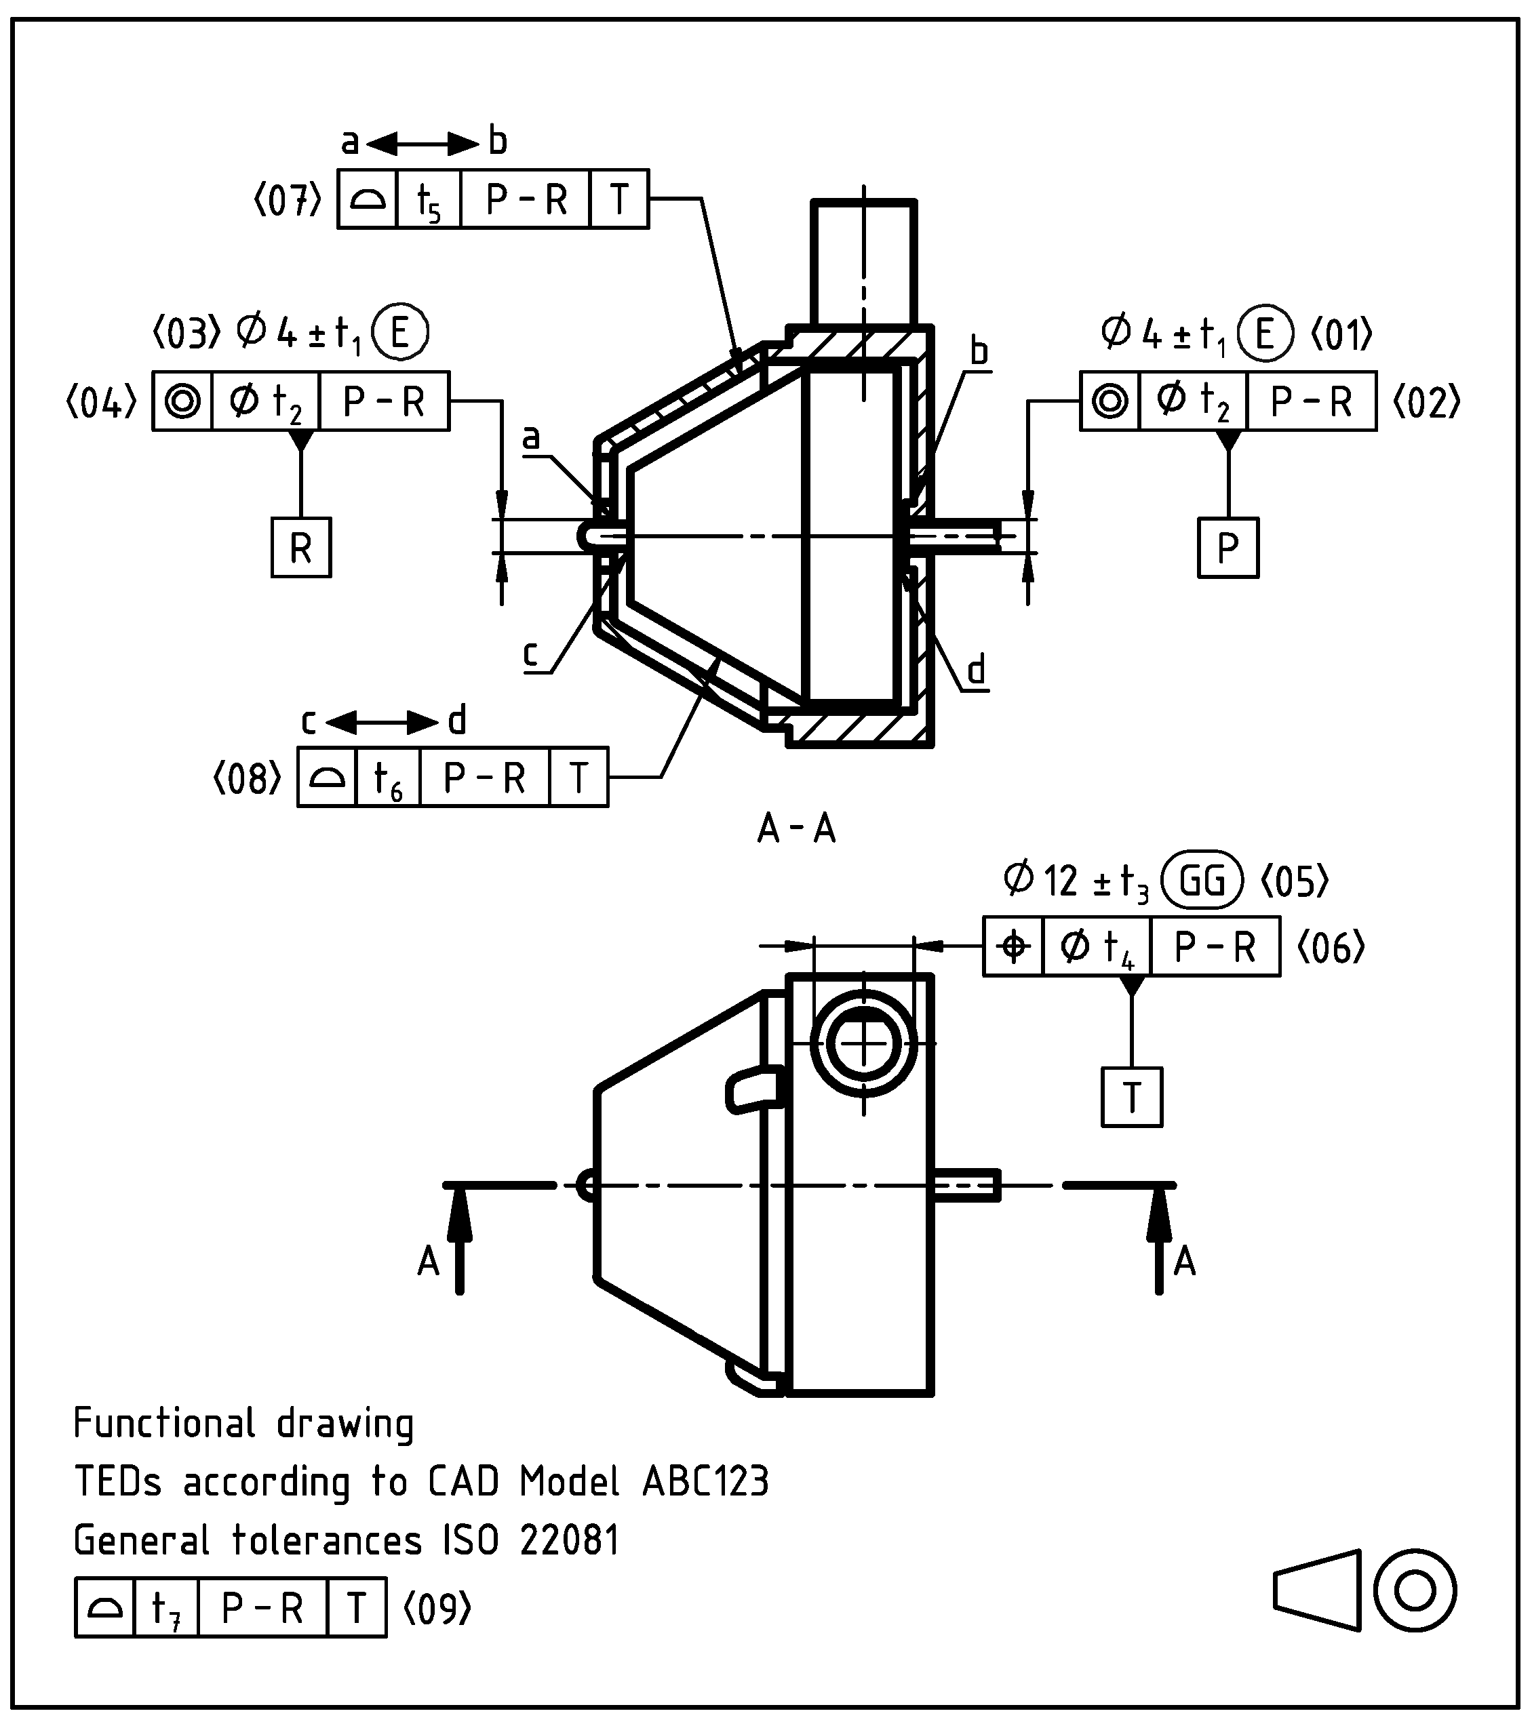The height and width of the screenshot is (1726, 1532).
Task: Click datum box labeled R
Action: tap(300, 548)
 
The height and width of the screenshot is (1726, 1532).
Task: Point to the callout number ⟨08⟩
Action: tap(247, 778)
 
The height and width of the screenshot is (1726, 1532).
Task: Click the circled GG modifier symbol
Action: tap(1202, 881)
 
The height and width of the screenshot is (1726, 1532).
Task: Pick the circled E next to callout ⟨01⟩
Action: tap(1264, 334)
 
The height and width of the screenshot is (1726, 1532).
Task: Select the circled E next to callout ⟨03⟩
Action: tap(399, 333)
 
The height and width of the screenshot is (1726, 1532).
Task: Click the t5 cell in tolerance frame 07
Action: tap(428, 200)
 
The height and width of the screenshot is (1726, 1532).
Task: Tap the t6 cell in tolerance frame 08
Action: tap(388, 778)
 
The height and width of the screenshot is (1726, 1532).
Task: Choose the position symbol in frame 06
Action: tap(1013, 946)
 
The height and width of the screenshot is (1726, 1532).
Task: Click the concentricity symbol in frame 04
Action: tap(182, 401)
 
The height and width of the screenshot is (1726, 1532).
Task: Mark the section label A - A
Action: tap(796, 829)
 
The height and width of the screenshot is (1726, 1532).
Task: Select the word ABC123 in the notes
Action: tap(705, 1481)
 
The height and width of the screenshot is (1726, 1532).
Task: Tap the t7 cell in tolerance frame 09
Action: tap(166, 1607)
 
